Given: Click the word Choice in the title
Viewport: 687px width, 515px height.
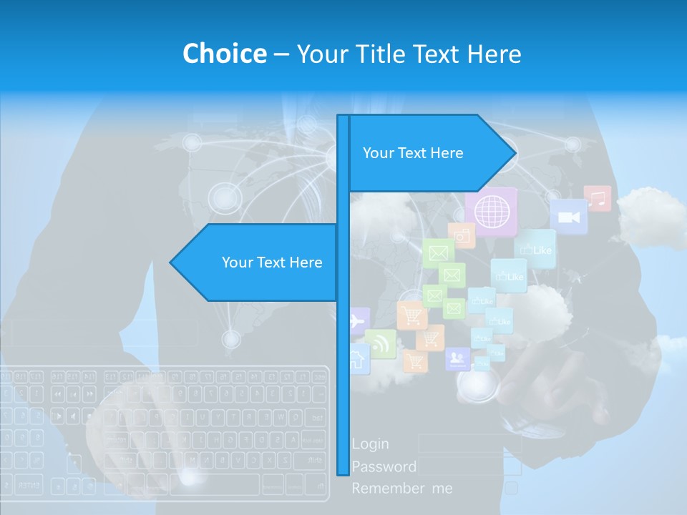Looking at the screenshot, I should tap(224, 54).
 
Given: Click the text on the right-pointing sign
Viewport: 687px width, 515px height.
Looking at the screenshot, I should tap(413, 153).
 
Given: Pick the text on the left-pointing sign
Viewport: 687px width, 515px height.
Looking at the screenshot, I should tap(272, 263).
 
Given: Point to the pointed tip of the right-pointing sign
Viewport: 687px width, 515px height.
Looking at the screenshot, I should tap(514, 153).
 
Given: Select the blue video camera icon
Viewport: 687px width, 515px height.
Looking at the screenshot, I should tap(569, 217).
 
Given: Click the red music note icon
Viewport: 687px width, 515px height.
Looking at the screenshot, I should tap(598, 199).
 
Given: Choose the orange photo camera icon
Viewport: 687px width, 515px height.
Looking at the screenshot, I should tap(462, 235).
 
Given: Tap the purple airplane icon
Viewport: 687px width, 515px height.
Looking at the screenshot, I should tap(358, 321).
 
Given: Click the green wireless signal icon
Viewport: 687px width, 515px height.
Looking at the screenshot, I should tap(380, 343).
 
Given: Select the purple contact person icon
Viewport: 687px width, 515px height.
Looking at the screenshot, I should tap(457, 358).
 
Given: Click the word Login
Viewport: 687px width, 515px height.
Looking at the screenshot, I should tap(371, 444).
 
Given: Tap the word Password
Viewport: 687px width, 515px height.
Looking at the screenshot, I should tap(384, 467).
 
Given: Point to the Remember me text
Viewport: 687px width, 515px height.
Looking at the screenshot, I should tap(402, 489).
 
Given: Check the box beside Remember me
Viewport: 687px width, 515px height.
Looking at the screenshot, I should tap(511, 489).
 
